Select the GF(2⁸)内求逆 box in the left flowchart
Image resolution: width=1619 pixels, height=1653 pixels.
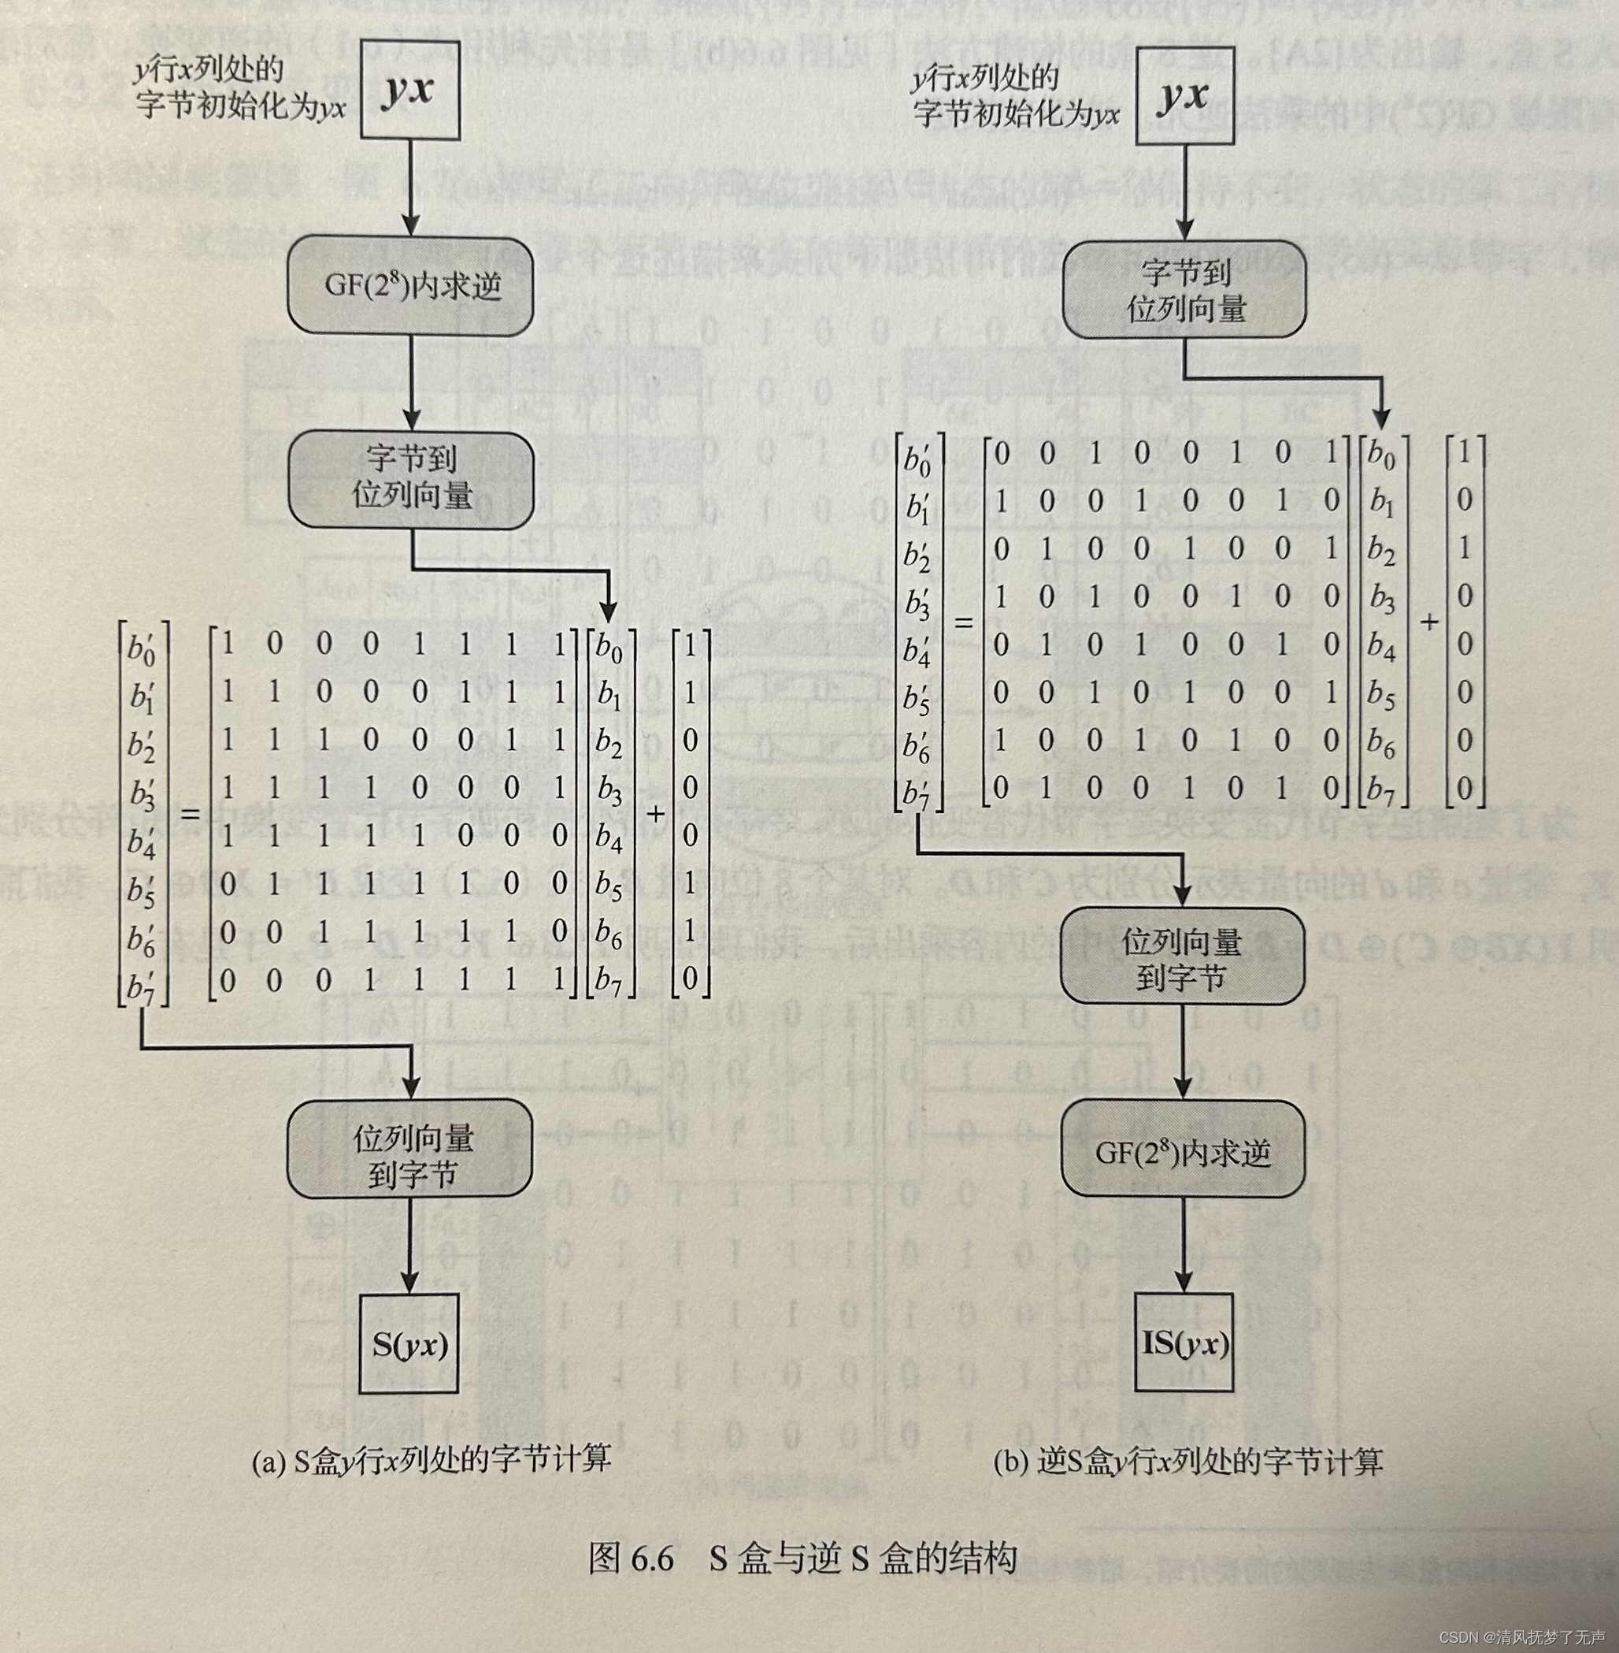click(x=411, y=286)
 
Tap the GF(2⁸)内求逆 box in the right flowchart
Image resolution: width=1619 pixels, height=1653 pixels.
click(x=1183, y=1153)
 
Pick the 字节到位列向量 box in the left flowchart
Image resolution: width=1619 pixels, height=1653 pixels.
click(x=412, y=479)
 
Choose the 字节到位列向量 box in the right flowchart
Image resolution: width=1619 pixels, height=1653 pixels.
click(x=1184, y=290)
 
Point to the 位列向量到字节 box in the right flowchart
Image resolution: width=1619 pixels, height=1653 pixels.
click(x=1182, y=959)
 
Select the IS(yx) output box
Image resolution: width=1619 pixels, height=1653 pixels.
click(x=1184, y=1343)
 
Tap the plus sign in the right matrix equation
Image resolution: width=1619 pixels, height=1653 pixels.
click(x=1429, y=622)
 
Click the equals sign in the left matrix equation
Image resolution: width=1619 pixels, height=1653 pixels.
click(x=191, y=814)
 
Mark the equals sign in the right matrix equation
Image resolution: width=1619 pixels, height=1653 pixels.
click(x=963, y=622)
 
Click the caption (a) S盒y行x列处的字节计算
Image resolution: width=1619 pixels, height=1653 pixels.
click(x=431, y=1461)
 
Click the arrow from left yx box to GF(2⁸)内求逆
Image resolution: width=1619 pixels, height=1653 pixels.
click(x=411, y=188)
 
